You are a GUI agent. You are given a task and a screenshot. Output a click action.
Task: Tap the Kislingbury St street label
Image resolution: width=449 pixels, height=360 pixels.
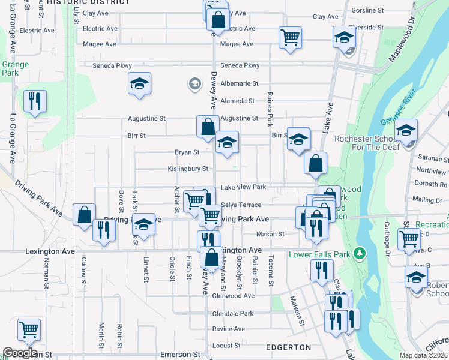click(187, 169)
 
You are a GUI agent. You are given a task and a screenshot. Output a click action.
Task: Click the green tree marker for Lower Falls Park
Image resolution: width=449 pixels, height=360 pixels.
click(360, 253)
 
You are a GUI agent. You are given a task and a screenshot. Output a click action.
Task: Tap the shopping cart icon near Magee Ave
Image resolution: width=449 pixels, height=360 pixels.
click(290, 37)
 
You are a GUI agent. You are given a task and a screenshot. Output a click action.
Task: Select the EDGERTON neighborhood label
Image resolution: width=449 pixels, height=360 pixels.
click(288, 347)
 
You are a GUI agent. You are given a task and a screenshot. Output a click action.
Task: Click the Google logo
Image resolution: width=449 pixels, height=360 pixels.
click(20, 353)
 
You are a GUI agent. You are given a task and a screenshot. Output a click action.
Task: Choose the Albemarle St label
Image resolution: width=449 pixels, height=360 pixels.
click(239, 84)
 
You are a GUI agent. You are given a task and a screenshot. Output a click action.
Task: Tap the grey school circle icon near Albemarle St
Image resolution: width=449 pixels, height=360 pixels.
click(194, 84)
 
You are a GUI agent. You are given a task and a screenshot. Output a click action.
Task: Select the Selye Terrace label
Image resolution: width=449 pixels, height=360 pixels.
click(241, 205)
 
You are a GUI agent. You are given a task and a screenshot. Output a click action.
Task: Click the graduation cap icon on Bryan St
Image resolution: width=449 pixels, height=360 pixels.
click(227, 143)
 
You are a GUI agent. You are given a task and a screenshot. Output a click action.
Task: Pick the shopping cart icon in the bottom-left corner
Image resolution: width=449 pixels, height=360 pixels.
click(29, 329)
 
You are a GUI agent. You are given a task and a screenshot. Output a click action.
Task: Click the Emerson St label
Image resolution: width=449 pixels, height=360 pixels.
click(180, 355)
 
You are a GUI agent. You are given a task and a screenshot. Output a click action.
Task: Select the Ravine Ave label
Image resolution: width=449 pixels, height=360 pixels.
click(228, 329)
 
